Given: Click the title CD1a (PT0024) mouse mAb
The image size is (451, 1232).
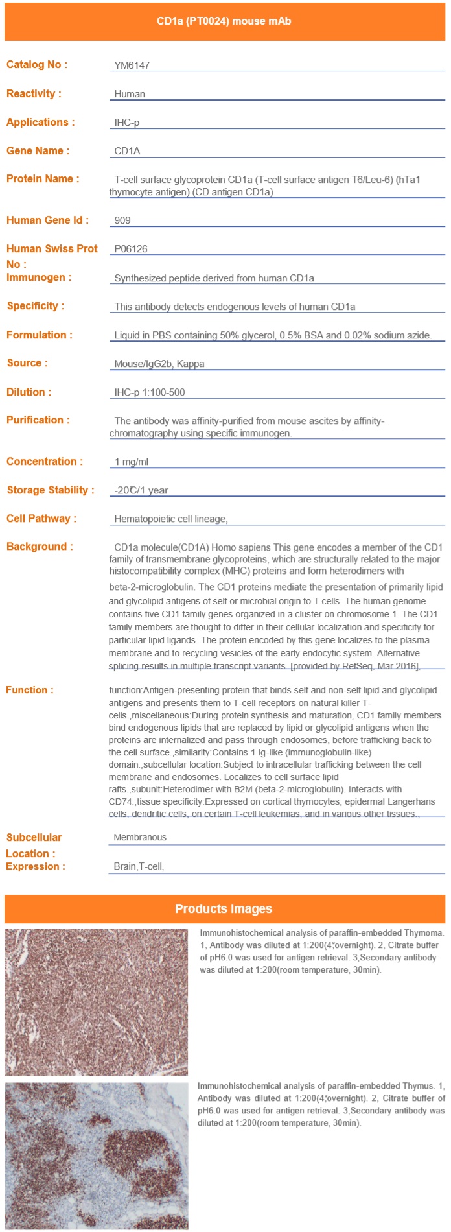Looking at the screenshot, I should tap(224, 21).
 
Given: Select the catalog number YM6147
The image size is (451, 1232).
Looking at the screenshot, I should tap(132, 65).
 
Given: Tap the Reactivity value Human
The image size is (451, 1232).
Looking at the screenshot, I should tap(130, 94).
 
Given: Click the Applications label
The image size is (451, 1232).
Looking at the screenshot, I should tap(41, 123).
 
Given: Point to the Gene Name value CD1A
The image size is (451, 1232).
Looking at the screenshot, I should tap(127, 151).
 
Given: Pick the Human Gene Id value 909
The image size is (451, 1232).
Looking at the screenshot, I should tap(122, 220).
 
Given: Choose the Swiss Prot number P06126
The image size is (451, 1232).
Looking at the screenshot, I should tap(131, 249).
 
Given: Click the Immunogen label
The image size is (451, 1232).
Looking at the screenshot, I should tap(39, 278).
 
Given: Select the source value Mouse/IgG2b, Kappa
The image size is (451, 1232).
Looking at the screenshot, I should tap(159, 364).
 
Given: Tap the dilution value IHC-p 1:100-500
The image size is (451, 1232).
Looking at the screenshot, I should tap(150, 392).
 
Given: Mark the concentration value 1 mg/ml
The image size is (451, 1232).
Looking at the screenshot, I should tap(132, 462).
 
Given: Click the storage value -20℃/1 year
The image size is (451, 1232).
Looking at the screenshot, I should tap(141, 490).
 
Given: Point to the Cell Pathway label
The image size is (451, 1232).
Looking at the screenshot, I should tap(41, 519).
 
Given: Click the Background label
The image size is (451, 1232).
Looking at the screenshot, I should tap(40, 547).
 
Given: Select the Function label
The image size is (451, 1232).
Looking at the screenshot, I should tap(30, 690).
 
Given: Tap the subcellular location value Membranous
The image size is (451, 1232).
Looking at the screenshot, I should tap(140, 837).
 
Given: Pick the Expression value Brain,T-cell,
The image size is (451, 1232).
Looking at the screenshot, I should tap(139, 866).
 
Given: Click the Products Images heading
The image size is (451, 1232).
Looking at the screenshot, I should tap(224, 909).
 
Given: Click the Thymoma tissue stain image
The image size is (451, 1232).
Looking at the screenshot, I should tap(96, 1002).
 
